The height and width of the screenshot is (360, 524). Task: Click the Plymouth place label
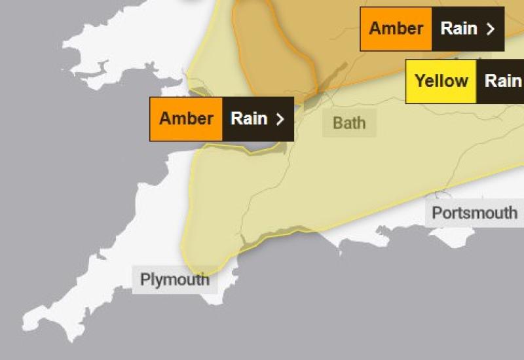[x=175, y=279]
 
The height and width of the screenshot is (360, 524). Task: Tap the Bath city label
[x=349, y=123]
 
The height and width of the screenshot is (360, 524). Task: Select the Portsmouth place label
[x=474, y=213]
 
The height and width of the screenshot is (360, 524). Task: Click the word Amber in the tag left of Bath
[x=186, y=118]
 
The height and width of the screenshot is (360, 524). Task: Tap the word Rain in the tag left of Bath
[x=249, y=118]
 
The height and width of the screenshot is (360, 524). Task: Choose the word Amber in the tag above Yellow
[x=396, y=29]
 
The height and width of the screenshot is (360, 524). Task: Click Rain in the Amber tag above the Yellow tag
[x=459, y=29]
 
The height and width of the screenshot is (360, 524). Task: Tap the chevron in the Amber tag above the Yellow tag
[x=491, y=29]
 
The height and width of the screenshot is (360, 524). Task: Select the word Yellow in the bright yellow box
[x=441, y=81]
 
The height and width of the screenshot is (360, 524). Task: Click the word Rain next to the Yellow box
[x=502, y=81]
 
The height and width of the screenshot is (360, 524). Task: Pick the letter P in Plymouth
[x=145, y=279]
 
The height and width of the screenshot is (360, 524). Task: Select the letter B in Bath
[x=337, y=123]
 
